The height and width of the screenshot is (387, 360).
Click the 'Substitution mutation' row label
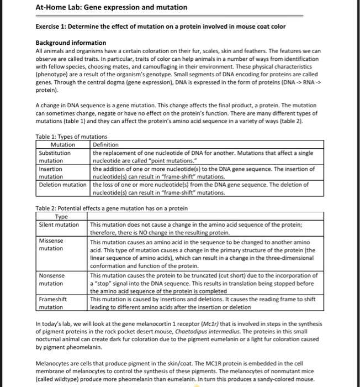click(x=55, y=156)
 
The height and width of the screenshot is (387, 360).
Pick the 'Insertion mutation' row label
click(x=50, y=173)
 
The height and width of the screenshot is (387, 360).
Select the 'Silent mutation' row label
click(x=59, y=224)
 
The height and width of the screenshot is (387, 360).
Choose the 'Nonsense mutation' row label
click(x=52, y=279)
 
